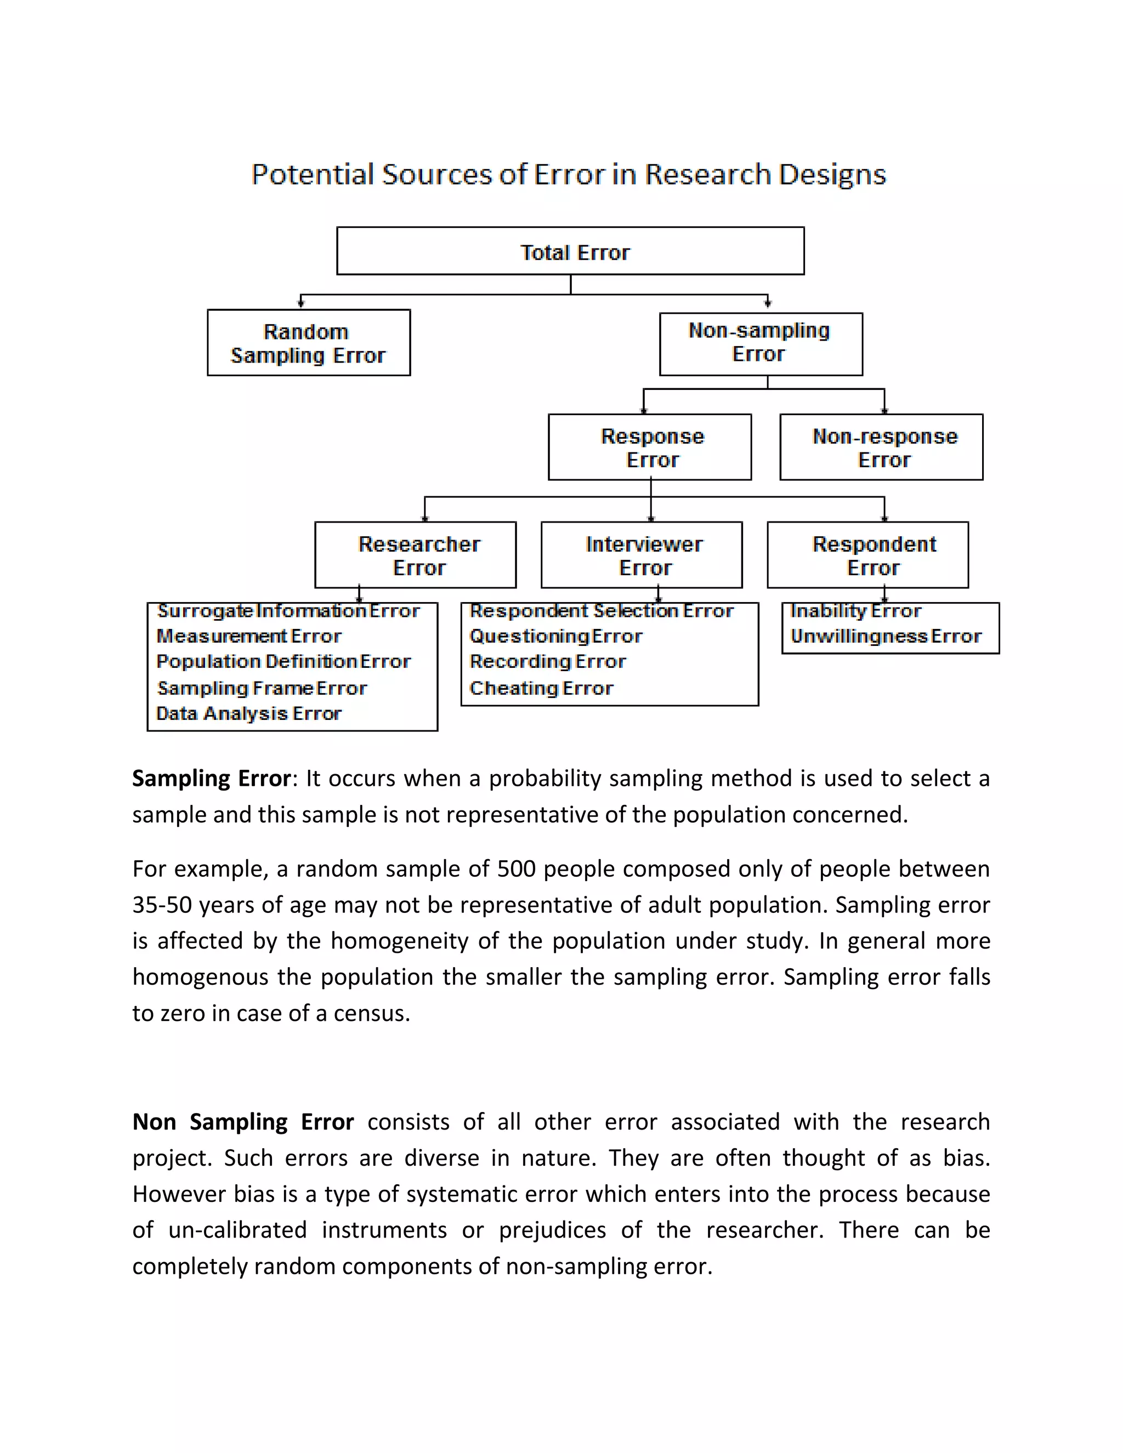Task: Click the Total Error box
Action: click(570, 251)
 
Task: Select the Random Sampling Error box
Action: click(308, 343)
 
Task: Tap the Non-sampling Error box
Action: click(761, 343)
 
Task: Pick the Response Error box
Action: click(650, 447)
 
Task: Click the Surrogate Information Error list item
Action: click(288, 611)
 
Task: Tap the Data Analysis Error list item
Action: click(248, 713)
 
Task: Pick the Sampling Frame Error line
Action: click(262, 688)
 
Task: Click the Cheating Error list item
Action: click(541, 688)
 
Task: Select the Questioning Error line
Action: click(555, 636)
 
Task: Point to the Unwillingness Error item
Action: click(886, 636)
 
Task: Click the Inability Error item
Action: click(855, 611)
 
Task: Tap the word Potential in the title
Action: click(313, 175)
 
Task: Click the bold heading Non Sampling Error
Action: click(243, 1122)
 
